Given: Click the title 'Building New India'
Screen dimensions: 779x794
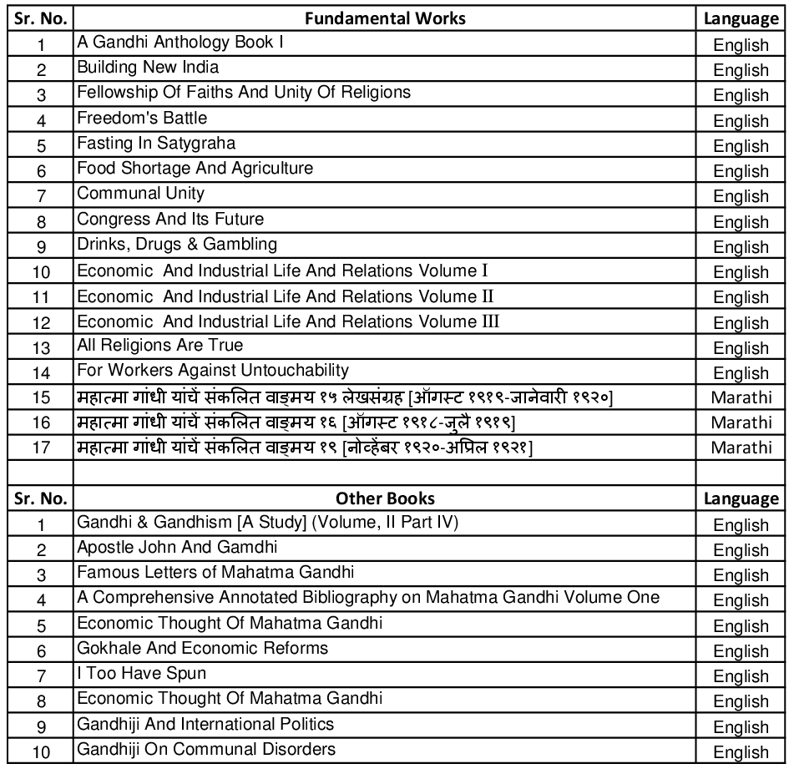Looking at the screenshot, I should pyautogui.click(x=148, y=67).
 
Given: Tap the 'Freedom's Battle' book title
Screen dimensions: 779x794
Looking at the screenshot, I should pyautogui.click(x=142, y=118).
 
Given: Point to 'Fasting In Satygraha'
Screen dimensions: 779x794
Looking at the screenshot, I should pyautogui.click(x=156, y=143).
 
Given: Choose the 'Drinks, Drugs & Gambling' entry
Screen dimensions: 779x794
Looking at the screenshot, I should pyautogui.click(x=177, y=245).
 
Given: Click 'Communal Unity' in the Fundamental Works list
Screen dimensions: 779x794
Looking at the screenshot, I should pyautogui.click(x=140, y=194).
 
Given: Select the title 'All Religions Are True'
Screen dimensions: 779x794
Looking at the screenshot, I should pyautogui.click(x=160, y=346).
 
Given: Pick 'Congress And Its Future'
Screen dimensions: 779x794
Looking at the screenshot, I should pyautogui.click(x=170, y=220).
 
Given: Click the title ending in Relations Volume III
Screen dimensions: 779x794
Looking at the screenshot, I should pyautogui.click(x=288, y=321).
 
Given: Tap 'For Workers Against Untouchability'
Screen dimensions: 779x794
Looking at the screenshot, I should pyautogui.click(x=213, y=371).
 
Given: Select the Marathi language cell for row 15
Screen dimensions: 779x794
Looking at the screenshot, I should pyautogui.click(x=741, y=397).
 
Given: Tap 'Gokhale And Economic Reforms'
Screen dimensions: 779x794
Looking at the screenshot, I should pyautogui.click(x=202, y=648).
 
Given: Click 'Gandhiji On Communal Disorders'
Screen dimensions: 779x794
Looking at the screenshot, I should pyautogui.click(x=206, y=749).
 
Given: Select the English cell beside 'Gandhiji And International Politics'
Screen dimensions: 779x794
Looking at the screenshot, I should pyautogui.click(x=741, y=726).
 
